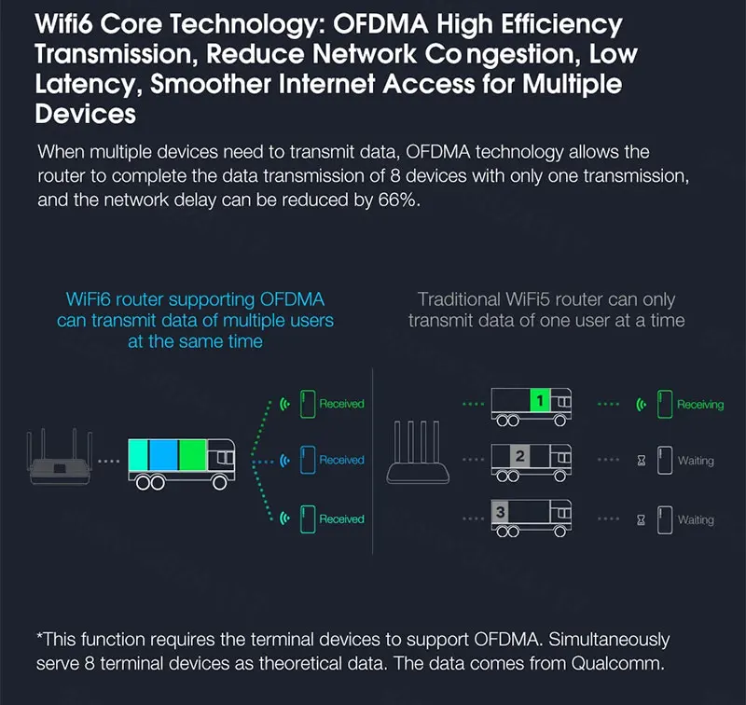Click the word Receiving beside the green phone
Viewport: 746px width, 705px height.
click(x=699, y=405)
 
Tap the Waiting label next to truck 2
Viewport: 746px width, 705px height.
click(x=696, y=461)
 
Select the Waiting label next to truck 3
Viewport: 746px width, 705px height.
click(x=696, y=519)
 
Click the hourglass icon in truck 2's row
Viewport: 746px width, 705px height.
click(x=641, y=461)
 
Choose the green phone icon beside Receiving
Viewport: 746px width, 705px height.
click(x=664, y=404)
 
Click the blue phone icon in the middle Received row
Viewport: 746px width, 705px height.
click(x=307, y=460)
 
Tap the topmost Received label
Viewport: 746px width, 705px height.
click(x=341, y=404)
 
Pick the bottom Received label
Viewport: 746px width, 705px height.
click(x=341, y=518)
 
